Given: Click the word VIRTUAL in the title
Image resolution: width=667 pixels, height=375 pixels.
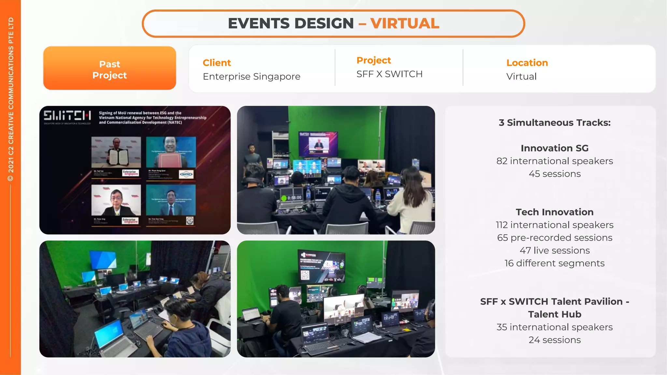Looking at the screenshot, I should click(404, 23).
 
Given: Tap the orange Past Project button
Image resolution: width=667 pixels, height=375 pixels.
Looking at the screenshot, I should click(109, 69).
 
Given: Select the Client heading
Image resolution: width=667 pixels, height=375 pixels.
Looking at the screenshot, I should click(217, 62).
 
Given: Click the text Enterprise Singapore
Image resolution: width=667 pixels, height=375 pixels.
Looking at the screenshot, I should click(251, 76).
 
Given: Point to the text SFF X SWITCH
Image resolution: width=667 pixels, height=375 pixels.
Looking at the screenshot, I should click(389, 74).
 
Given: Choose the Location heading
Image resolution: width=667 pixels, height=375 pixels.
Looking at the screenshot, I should click(527, 62).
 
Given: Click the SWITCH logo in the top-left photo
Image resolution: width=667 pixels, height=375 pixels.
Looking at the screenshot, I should click(67, 116).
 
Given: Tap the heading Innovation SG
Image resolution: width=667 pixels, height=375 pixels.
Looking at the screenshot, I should click(554, 148).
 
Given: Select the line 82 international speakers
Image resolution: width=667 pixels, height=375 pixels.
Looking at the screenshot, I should click(554, 161).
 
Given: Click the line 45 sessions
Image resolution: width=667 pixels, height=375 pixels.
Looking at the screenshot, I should click(554, 174).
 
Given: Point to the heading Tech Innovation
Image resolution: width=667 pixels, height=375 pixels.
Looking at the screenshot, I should click(554, 212).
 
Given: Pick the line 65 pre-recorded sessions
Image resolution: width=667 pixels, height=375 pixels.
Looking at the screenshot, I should click(554, 238).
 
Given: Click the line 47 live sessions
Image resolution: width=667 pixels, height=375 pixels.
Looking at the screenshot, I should click(554, 250).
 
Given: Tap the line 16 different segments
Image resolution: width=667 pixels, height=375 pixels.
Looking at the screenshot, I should click(554, 263).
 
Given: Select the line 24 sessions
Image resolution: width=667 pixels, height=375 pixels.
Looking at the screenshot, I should click(554, 340).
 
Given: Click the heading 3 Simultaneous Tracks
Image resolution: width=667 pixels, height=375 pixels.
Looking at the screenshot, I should click(554, 122).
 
